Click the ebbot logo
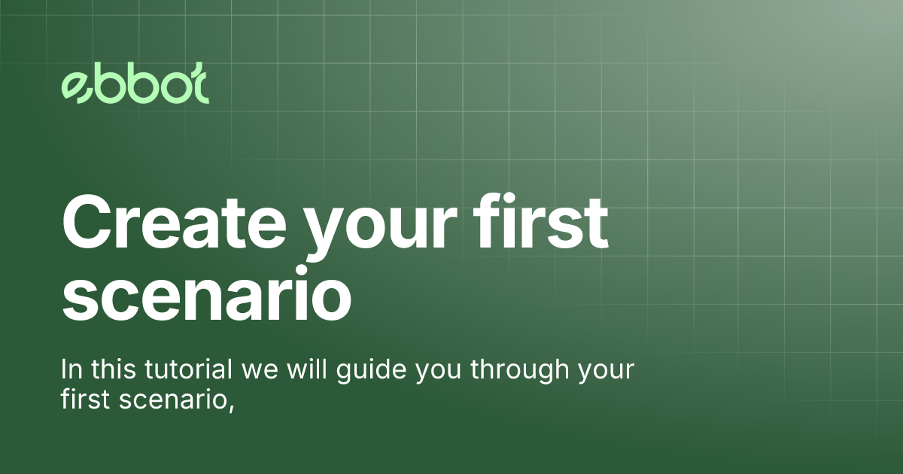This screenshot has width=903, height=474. pos(135,87)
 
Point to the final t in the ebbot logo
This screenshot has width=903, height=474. pos(198,87)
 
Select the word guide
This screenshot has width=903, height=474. pos(357,372)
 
